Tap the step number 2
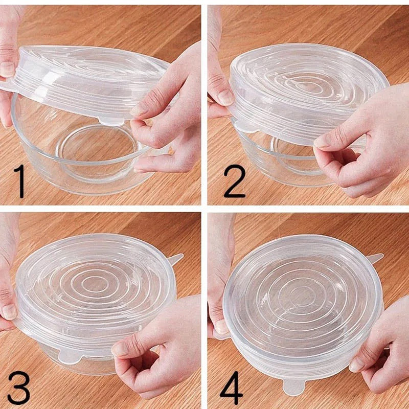pos(234,178)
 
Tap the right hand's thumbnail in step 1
pos(139,110)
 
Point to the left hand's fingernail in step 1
pos(7,69)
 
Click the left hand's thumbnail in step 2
pos(225,97)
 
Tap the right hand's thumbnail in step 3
pos(120,349)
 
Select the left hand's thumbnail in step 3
pos(9,311)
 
